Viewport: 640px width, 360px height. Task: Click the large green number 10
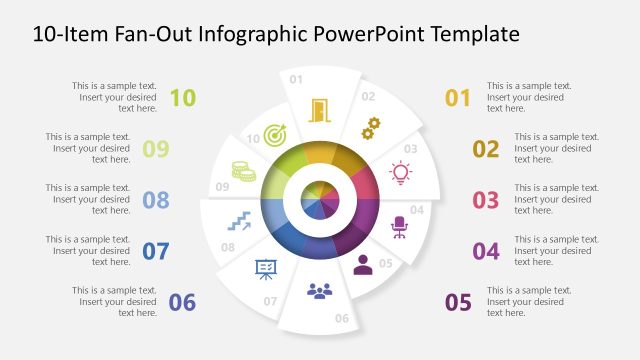tap(183, 97)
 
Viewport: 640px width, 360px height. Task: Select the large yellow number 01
tap(457, 97)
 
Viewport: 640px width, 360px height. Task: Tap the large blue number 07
tap(155, 251)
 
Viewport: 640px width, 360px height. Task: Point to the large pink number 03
tap(485, 200)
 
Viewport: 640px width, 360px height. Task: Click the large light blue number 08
tap(155, 200)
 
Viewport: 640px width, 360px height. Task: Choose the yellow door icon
tap(319, 109)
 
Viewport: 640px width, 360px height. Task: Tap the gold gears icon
tap(371, 127)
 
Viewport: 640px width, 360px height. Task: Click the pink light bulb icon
tap(401, 172)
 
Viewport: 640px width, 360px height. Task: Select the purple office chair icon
tap(399, 227)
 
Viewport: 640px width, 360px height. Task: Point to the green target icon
tap(277, 133)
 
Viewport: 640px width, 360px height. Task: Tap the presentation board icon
tap(266, 268)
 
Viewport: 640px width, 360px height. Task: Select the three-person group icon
tap(319, 291)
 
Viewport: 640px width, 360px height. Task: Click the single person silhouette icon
tap(362, 265)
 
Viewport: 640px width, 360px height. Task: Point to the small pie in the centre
tap(319, 197)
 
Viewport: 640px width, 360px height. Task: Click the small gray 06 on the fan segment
tap(341, 319)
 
